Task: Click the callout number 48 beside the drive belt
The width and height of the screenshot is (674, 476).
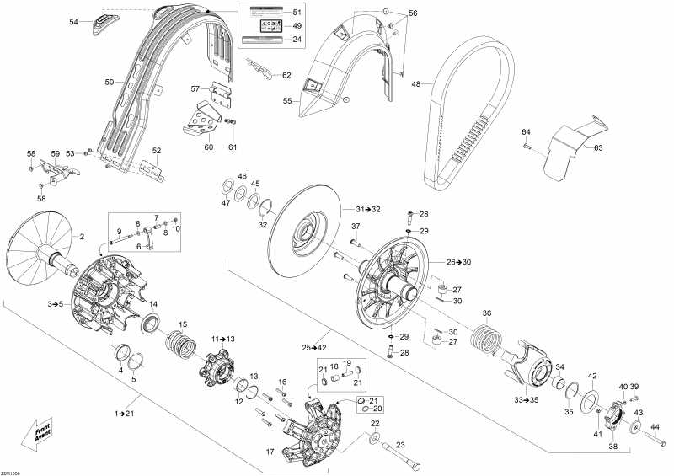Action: pyautogui.click(x=415, y=83)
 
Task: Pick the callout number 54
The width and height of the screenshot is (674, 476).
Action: pyautogui.click(x=73, y=22)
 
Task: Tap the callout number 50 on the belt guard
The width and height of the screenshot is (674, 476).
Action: pyautogui.click(x=109, y=82)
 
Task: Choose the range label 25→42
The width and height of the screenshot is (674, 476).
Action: pyautogui.click(x=314, y=347)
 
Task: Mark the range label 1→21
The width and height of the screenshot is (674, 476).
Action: pyautogui.click(x=125, y=414)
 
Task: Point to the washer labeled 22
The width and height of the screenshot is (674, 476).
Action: pyautogui.click(x=372, y=439)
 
